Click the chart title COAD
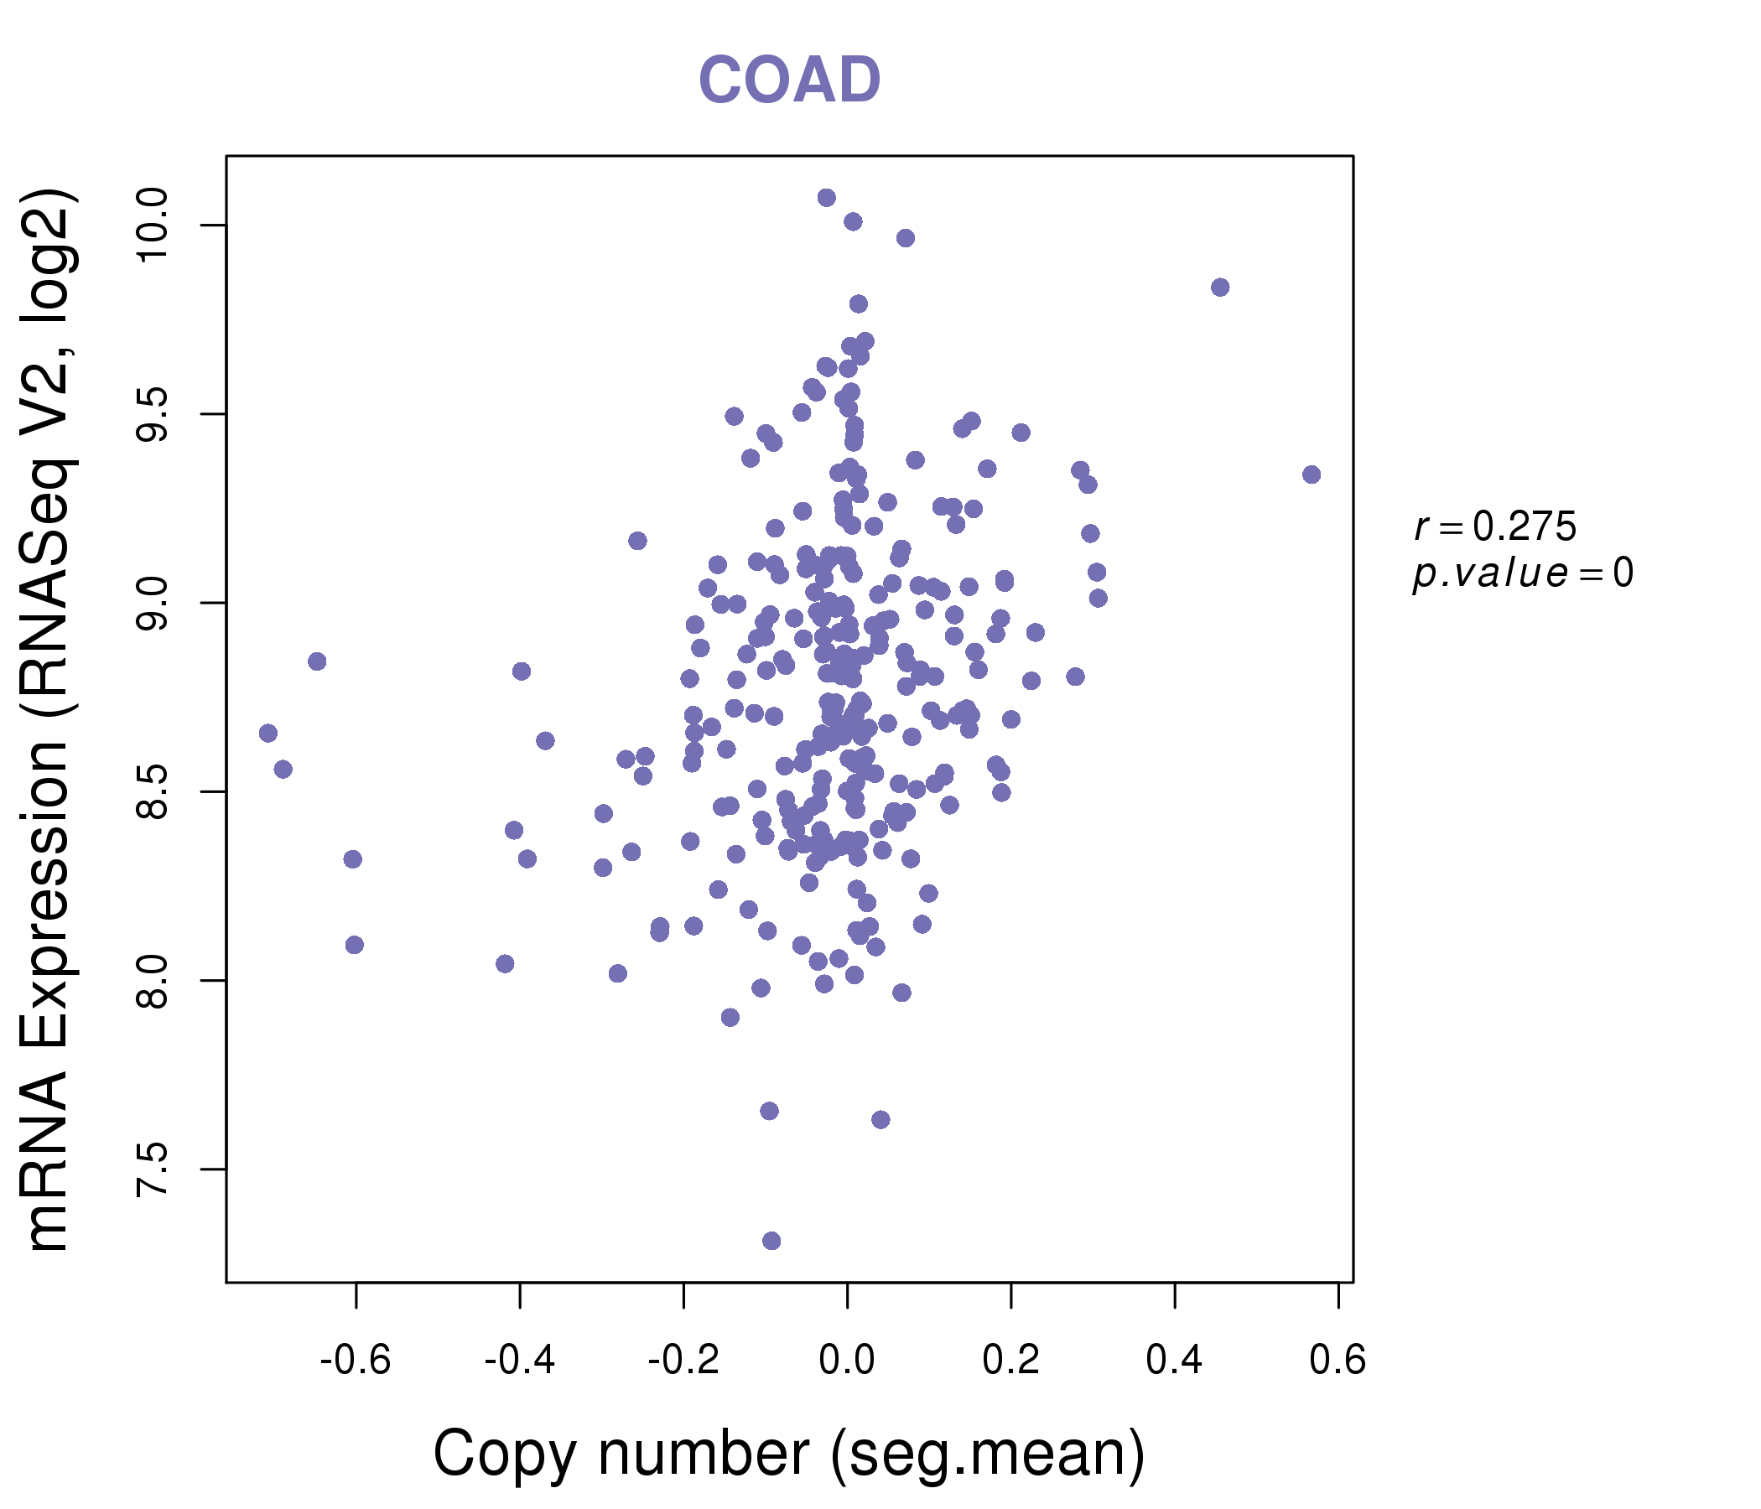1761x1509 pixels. pos(789,80)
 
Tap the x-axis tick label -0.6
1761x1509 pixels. pos(355,1361)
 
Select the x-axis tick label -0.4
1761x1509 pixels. pos(518,1361)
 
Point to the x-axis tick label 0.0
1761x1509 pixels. pos(846,1361)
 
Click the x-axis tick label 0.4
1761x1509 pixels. pos(1174,1361)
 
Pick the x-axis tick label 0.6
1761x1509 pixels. pos(1337,1361)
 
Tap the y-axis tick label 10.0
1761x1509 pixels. pos(153,226)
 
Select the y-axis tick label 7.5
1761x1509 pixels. pos(153,1169)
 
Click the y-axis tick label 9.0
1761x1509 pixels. pos(153,604)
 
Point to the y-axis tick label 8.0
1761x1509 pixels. pos(153,981)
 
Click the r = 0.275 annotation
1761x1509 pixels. pos(1495,527)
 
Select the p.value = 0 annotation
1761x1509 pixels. pos(1522,573)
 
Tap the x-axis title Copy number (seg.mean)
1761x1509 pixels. pos(789,1454)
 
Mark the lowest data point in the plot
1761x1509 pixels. pos(771,1242)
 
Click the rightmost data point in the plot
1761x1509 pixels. pos(1311,474)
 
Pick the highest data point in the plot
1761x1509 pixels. pos(826,198)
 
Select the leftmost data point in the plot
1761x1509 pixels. pos(268,734)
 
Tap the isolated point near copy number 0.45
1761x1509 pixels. pos(1219,288)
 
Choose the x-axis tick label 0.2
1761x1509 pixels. pos(1010,1361)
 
